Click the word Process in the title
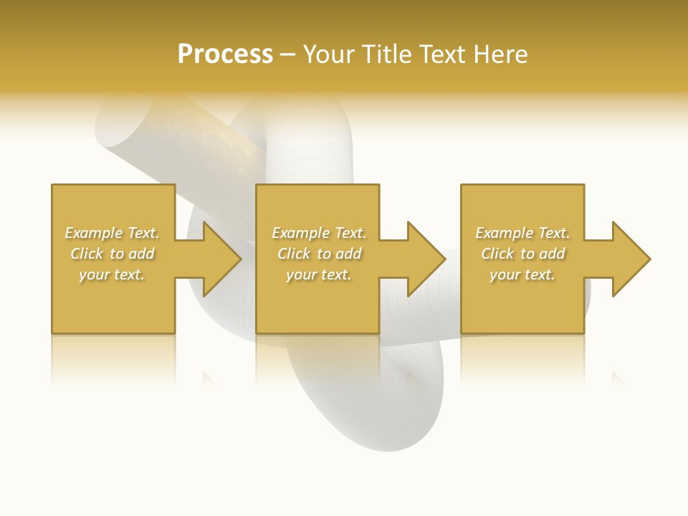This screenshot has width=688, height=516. [x=225, y=54]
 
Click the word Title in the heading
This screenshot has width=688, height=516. [x=386, y=54]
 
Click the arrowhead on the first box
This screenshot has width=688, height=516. [x=219, y=259]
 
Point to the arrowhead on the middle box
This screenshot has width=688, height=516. [x=424, y=259]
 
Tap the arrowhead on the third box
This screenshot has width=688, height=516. [x=629, y=259]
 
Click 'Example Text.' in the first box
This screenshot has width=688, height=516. [x=112, y=233]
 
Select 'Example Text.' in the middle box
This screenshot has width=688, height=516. [x=318, y=233]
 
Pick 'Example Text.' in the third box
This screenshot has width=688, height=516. [x=522, y=233]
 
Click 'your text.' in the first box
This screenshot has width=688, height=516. [x=112, y=274]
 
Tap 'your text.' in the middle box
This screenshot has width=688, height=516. [x=318, y=274]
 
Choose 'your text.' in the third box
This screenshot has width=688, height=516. [x=522, y=274]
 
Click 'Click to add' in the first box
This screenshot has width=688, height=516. [x=112, y=254]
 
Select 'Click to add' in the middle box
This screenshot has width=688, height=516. [x=318, y=254]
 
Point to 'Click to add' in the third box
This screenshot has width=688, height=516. [x=522, y=254]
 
